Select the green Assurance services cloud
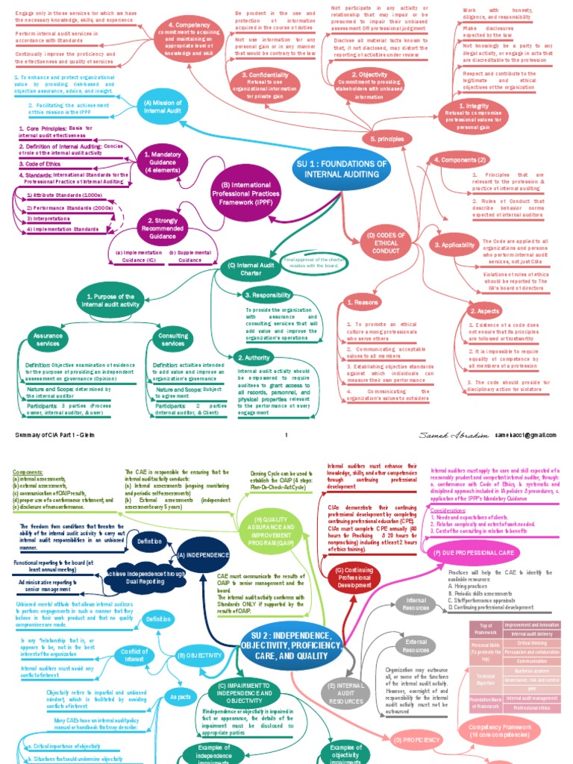pyautogui.click(x=48, y=339)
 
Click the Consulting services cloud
pyautogui.click(x=173, y=339)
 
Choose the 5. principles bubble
pyautogui.click(x=386, y=140)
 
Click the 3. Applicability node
pyautogui.click(x=454, y=245)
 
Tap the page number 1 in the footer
pyautogui.click(x=286, y=434)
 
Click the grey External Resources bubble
pyautogui.click(x=416, y=645)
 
